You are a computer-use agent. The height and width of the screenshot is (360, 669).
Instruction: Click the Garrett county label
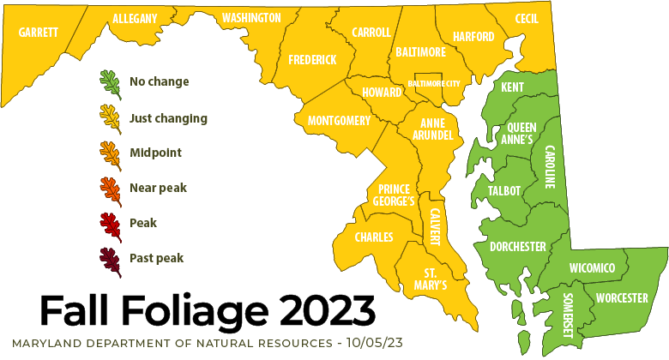pyautogui.click(x=39, y=33)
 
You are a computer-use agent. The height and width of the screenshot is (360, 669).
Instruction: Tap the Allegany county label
pyautogui.click(x=135, y=18)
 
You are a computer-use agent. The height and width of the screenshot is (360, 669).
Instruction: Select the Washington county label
pyautogui.click(x=251, y=18)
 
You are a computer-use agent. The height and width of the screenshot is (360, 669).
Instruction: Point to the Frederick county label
pyautogui.click(x=312, y=60)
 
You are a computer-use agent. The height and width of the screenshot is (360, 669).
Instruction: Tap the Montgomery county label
pyautogui.click(x=339, y=121)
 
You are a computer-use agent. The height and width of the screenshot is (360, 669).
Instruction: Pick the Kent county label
pyautogui.click(x=512, y=88)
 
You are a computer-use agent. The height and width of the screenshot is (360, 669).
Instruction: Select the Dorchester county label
pyautogui.click(x=517, y=247)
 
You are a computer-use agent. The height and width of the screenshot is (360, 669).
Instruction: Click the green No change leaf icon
pyautogui.click(x=109, y=82)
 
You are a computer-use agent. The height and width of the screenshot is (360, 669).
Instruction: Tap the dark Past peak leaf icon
pyautogui.click(x=109, y=257)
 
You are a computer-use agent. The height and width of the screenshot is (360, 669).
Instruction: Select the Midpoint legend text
pyautogui.click(x=155, y=153)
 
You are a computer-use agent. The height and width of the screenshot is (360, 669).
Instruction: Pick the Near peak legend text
pyautogui.click(x=158, y=188)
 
